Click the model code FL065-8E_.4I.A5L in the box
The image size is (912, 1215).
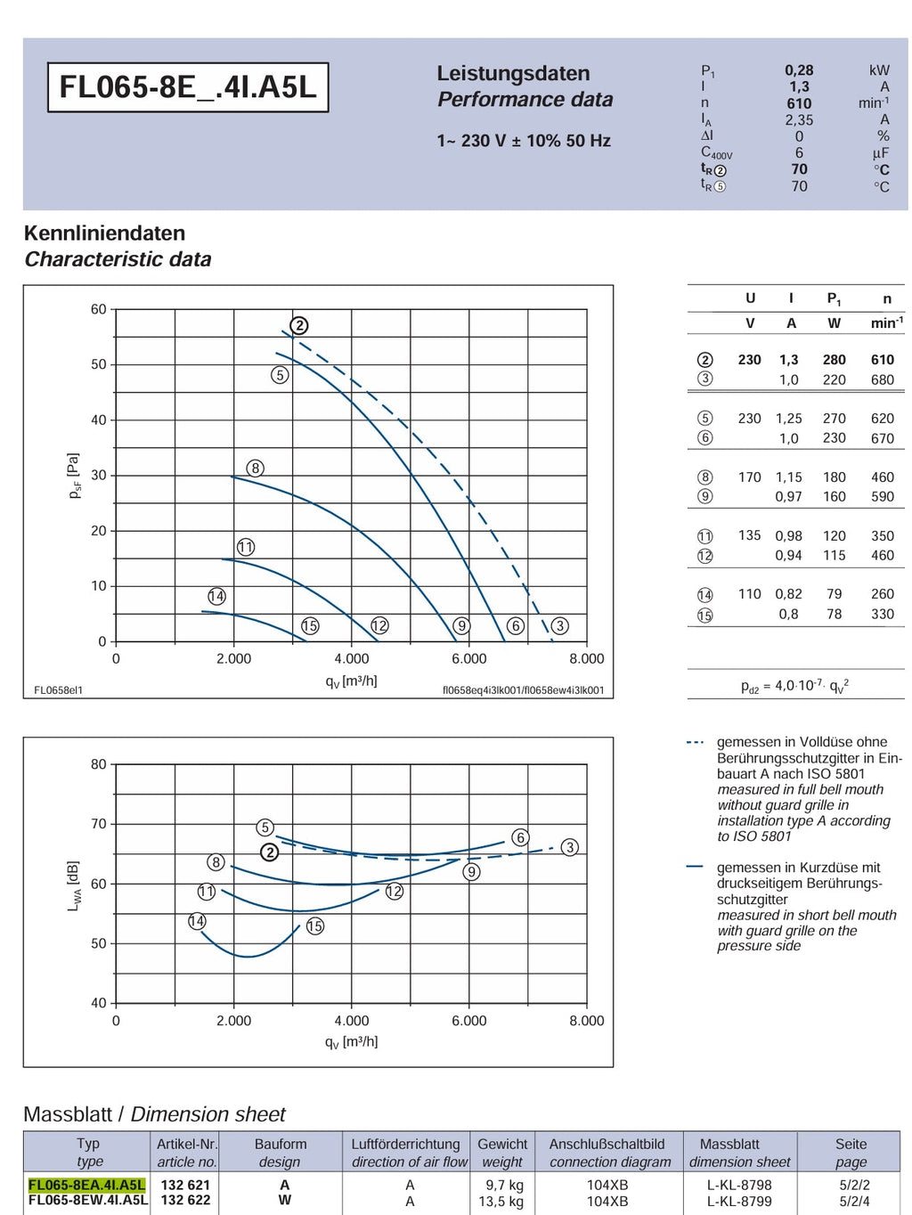tap(188, 87)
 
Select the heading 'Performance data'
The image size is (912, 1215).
tap(525, 100)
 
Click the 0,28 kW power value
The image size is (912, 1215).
tap(799, 70)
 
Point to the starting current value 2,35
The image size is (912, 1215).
tap(799, 119)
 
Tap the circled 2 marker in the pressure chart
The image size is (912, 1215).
tap(299, 325)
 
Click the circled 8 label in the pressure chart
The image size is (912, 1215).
tap(255, 469)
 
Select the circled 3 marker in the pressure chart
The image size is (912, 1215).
tap(560, 625)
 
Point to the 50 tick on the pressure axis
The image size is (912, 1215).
tap(99, 364)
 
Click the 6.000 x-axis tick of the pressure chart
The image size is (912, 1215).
tap(468, 658)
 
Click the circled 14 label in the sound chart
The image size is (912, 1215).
tap(197, 921)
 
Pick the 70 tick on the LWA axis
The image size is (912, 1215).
tap(99, 824)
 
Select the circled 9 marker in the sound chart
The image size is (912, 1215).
tap(471, 872)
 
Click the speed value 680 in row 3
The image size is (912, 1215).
tap(882, 379)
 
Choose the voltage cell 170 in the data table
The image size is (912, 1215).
tap(749, 477)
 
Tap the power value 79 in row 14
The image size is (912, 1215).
tap(834, 594)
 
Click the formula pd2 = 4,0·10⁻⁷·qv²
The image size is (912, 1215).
tap(795, 686)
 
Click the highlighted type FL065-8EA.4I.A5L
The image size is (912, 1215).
tap(87, 1185)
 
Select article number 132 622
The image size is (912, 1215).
tap(185, 1200)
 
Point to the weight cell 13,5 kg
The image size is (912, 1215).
tap(501, 1201)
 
